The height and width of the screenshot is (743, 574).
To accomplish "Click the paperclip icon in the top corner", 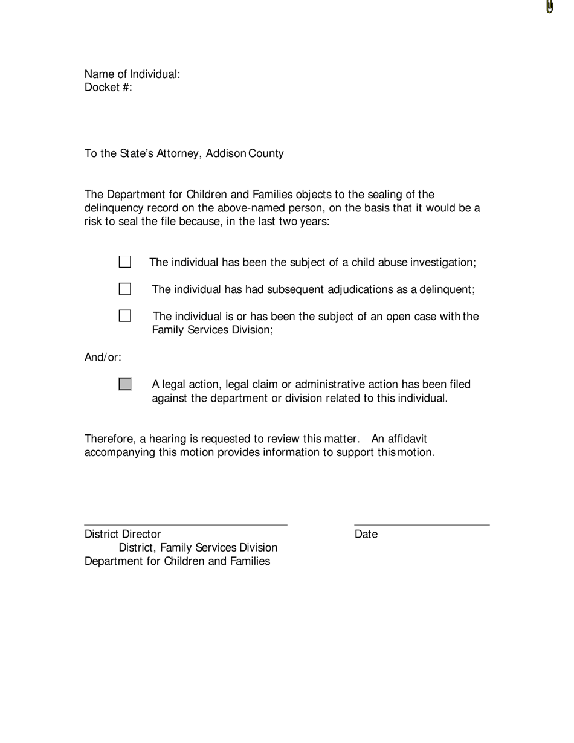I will (549, 7).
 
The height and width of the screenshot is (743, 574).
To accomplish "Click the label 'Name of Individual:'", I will (132, 74).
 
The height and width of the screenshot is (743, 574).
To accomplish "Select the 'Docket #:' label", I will (108, 88).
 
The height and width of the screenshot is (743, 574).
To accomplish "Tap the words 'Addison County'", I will (245, 153).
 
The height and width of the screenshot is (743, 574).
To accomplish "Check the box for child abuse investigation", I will (125, 262).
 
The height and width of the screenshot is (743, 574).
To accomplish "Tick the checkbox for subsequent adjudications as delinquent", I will (125, 289).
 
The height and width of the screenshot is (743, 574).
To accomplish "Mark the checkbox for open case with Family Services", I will (125, 316).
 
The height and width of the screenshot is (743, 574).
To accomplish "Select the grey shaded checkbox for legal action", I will (125, 384).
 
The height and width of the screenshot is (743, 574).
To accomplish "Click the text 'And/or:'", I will (103, 358).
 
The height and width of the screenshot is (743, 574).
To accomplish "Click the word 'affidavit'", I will (407, 439).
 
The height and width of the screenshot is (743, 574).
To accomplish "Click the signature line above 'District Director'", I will (185, 524).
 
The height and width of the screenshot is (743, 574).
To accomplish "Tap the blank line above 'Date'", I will (422, 524).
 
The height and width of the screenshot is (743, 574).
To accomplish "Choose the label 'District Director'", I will (123, 534).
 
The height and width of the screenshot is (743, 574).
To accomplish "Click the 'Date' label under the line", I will (366, 534).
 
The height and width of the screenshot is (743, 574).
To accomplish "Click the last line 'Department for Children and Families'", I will (177, 561).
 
